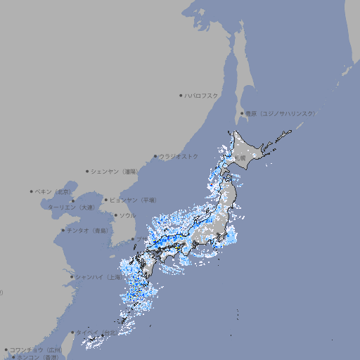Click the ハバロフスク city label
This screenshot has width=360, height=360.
[202, 95]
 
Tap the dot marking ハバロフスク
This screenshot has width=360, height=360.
[181, 95]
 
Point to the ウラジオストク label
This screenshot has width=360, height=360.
[179, 156]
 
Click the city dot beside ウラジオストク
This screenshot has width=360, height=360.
[155, 156]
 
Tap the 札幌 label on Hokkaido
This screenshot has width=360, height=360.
[241, 158]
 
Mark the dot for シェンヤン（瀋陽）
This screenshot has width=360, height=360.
[87, 171]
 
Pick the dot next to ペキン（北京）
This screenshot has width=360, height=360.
[32, 191]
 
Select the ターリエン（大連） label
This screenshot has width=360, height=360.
[71, 207]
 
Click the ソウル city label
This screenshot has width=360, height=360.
[127, 215]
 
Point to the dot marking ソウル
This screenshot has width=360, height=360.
[115, 215]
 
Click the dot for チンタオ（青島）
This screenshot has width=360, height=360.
[63, 231]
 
